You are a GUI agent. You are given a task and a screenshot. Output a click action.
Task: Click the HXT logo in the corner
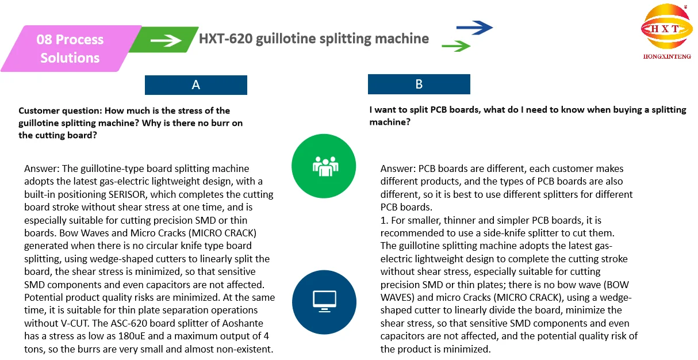click(666, 29)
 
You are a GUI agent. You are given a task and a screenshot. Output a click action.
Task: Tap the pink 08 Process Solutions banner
click(70, 49)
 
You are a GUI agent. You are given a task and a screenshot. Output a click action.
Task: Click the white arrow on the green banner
click(166, 40)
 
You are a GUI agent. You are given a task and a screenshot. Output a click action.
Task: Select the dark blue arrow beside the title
click(474, 27)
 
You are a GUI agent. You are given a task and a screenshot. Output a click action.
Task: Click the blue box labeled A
click(195, 85)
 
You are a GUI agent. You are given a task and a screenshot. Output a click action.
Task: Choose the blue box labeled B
click(419, 85)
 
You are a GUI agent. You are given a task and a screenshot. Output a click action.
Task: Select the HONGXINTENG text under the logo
click(666, 56)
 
